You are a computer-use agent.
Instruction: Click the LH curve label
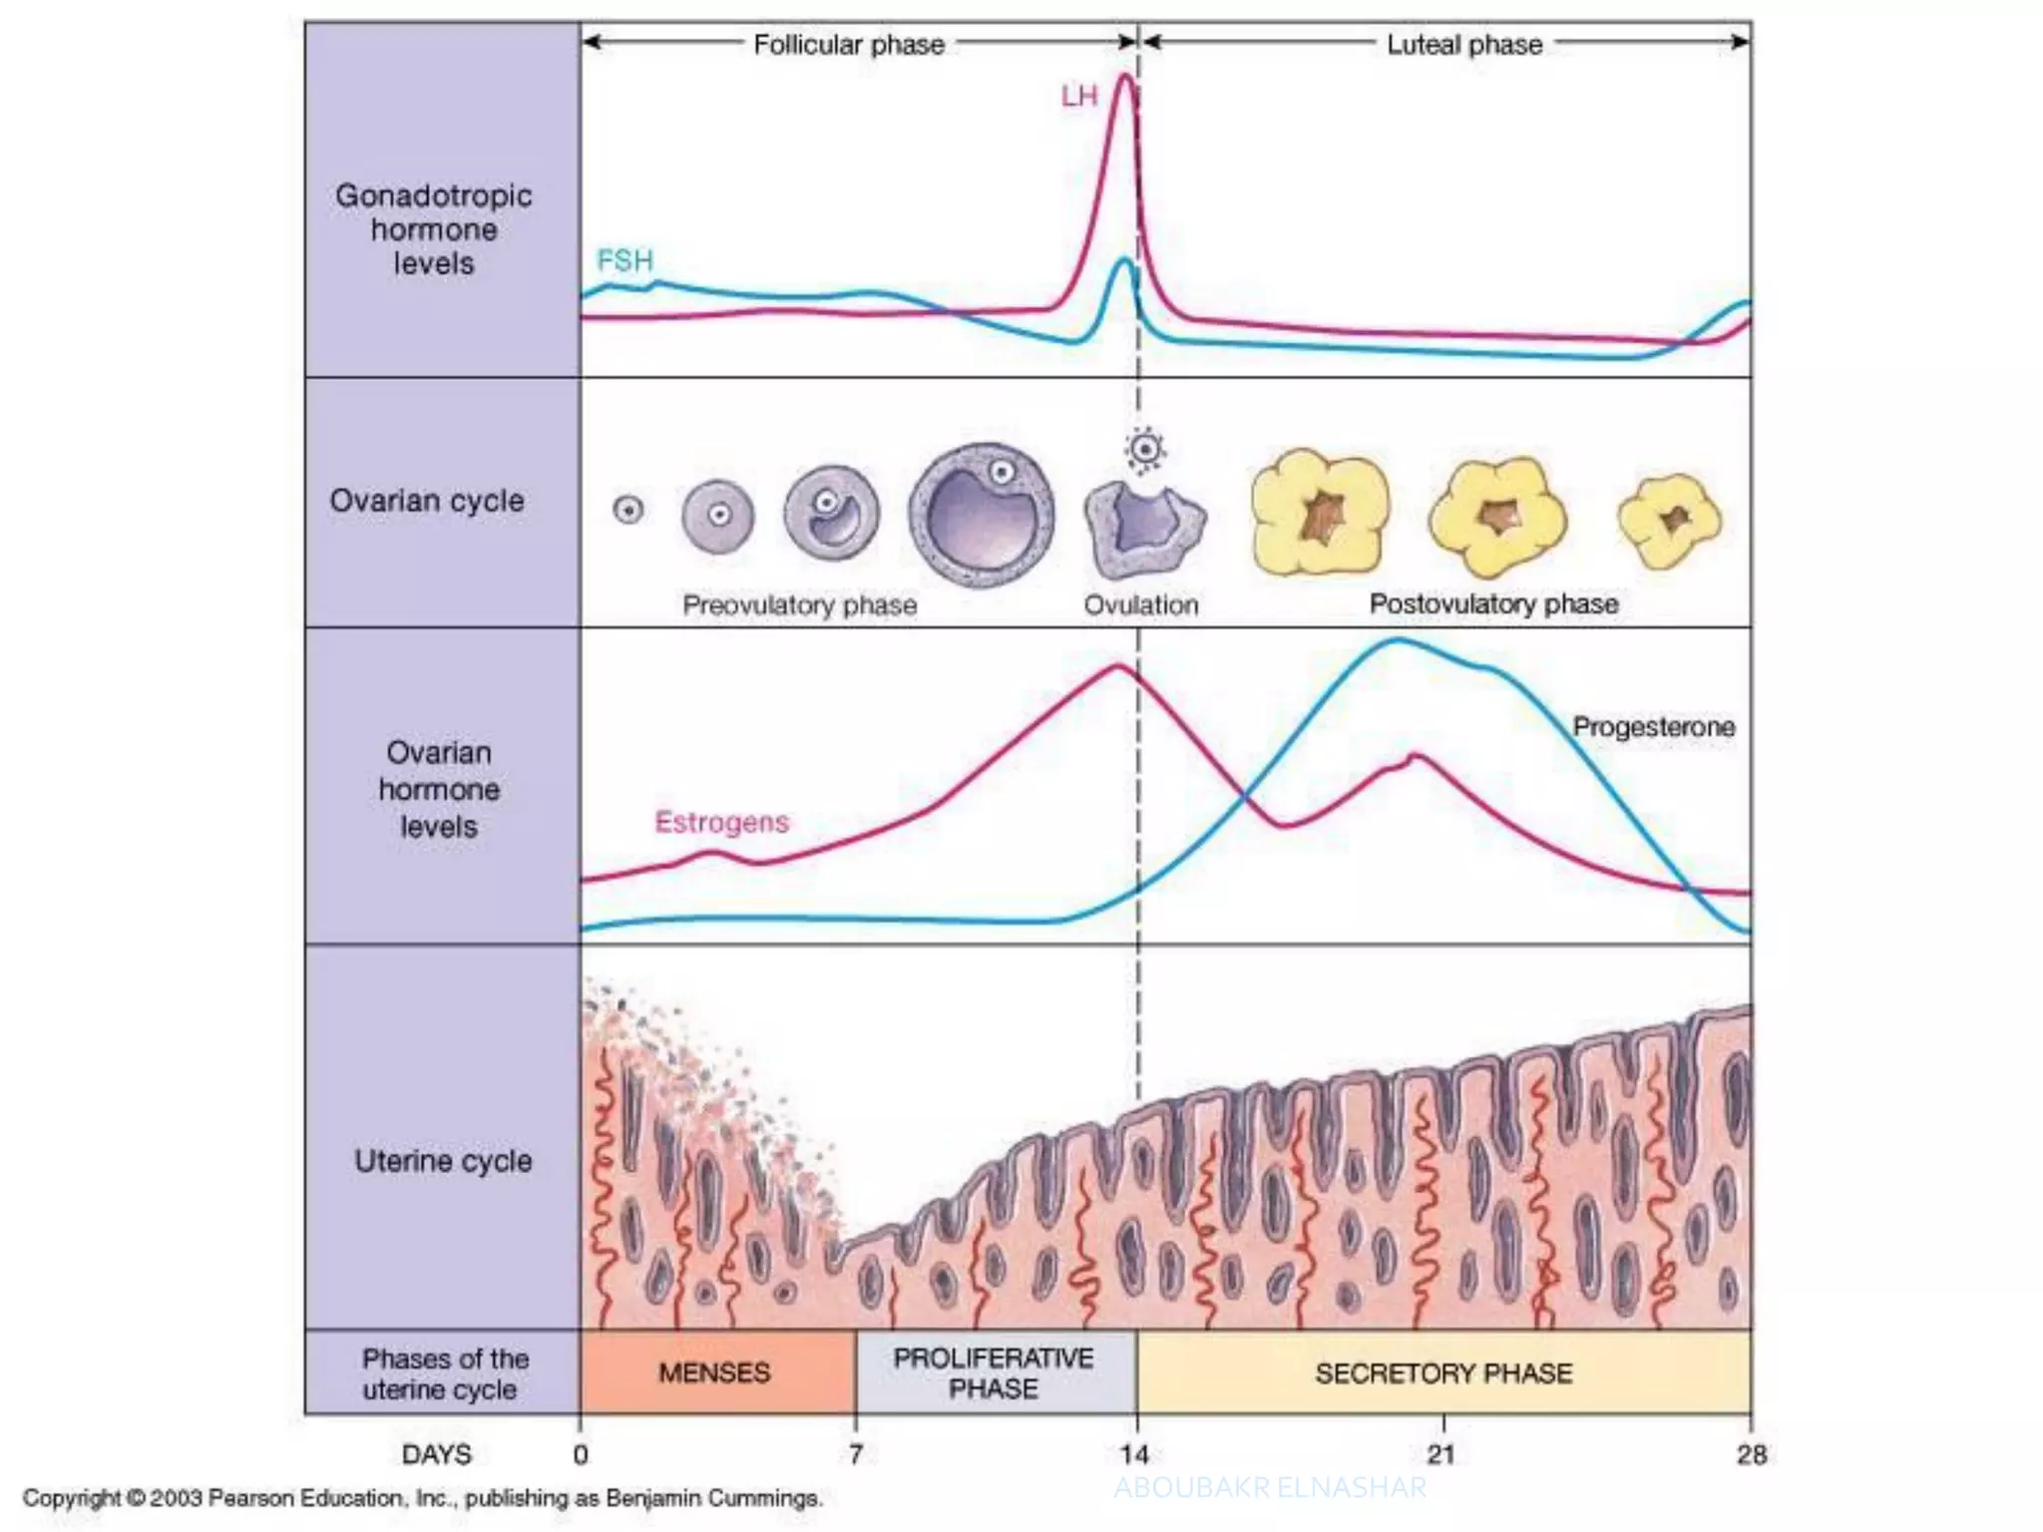tap(1078, 97)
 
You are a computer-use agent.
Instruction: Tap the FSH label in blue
tap(624, 260)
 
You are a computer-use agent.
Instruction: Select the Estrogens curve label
tap(721, 822)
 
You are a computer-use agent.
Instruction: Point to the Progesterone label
tap(1653, 726)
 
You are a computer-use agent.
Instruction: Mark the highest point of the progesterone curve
tap(1398, 640)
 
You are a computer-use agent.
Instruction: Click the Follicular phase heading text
tap(848, 45)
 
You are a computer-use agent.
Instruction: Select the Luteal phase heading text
tap(1463, 45)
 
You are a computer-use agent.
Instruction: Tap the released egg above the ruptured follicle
tap(1145, 449)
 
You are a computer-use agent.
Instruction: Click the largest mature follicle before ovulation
tap(982, 515)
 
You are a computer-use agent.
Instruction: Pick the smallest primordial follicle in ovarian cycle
tap(628, 511)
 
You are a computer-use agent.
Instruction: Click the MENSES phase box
tap(715, 1372)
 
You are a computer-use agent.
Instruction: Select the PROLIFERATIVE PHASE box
tap(994, 1372)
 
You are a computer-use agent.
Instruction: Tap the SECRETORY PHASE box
tap(1442, 1372)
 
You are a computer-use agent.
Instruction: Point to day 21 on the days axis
tap(1440, 1454)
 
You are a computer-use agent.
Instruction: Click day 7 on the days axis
tap(856, 1454)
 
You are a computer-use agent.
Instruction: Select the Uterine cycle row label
tap(443, 1161)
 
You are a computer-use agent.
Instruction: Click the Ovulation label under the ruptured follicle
tap(1141, 604)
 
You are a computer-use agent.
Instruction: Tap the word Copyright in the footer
tap(71, 1498)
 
